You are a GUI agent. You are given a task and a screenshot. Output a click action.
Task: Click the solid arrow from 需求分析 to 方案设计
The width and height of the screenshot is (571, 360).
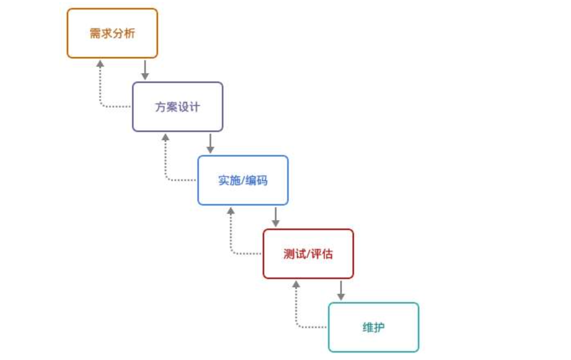(145, 69)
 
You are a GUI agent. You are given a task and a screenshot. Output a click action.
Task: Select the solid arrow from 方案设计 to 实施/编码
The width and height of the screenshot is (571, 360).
(210, 143)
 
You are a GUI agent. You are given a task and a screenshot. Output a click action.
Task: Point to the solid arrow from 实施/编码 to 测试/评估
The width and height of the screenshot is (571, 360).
(275, 216)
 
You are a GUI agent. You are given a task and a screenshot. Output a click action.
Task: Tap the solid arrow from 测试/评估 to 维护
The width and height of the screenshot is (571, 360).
(341, 290)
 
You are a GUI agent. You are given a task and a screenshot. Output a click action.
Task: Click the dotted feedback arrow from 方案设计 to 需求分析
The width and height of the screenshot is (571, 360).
(101, 87)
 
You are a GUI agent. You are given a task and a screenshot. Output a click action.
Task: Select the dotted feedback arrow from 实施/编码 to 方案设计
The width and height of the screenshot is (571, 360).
(166, 161)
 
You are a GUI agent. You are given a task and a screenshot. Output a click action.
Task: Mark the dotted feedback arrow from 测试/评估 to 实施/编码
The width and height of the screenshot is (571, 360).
(231, 234)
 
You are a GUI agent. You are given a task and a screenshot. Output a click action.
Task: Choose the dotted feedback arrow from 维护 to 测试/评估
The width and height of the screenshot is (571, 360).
(297, 308)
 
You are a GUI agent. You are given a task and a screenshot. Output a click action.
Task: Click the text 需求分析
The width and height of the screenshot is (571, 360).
(112, 33)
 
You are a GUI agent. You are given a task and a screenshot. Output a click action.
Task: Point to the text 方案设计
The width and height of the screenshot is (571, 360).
(177, 107)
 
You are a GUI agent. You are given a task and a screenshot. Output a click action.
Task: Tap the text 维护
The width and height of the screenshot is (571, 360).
(373, 327)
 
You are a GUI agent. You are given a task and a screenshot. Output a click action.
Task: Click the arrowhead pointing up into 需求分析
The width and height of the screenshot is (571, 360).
(101, 63)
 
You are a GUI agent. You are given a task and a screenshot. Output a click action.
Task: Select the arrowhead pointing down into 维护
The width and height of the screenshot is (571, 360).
(341, 297)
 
